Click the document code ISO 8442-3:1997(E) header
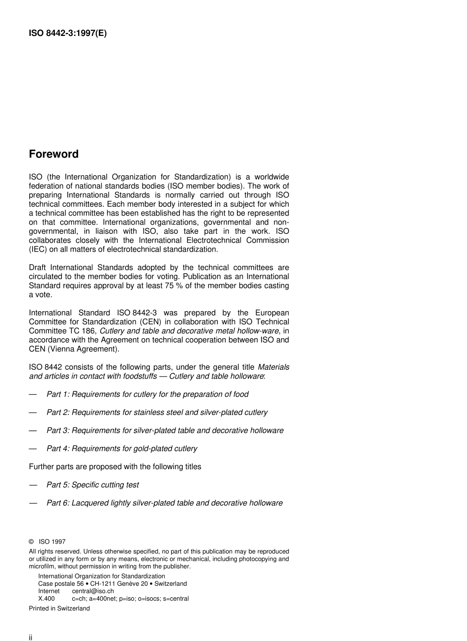pos(68,33)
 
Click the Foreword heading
pos(54,154)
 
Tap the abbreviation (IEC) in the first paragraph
pos(38,250)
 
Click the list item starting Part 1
pos(147,394)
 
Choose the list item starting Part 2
pos(157,413)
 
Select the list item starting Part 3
pos(165,431)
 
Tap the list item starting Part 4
pos(121,449)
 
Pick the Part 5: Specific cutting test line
pos(92,485)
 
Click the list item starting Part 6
pos(164,503)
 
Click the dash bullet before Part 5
pos(33,485)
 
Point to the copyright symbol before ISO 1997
pos(31,542)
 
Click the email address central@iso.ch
pos(93,591)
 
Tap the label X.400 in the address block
pos(47,599)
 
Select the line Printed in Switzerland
pos(59,609)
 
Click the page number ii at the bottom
pos(30,638)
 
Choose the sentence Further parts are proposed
pos(115,467)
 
